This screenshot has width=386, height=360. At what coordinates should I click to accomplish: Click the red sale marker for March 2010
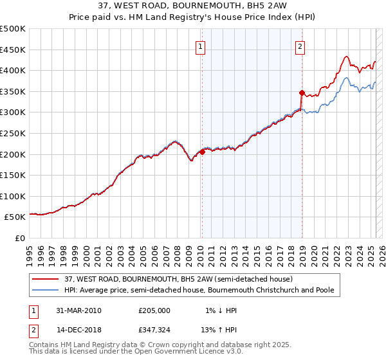[x=202, y=152]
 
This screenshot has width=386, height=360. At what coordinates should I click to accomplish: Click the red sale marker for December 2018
[x=301, y=93]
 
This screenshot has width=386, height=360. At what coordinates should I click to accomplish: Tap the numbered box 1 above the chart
[x=201, y=46]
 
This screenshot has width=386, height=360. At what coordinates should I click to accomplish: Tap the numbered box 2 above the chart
[x=300, y=46]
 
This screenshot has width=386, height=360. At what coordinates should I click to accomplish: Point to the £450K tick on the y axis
[x=13, y=50]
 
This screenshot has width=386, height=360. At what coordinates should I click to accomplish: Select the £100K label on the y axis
[x=13, y=196]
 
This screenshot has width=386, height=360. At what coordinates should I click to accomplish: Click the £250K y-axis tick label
[x=13, y=133]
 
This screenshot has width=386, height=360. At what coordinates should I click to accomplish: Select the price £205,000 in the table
[x=154, y=310]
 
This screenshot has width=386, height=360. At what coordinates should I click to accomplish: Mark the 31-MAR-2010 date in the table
[x=78, y=310]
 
